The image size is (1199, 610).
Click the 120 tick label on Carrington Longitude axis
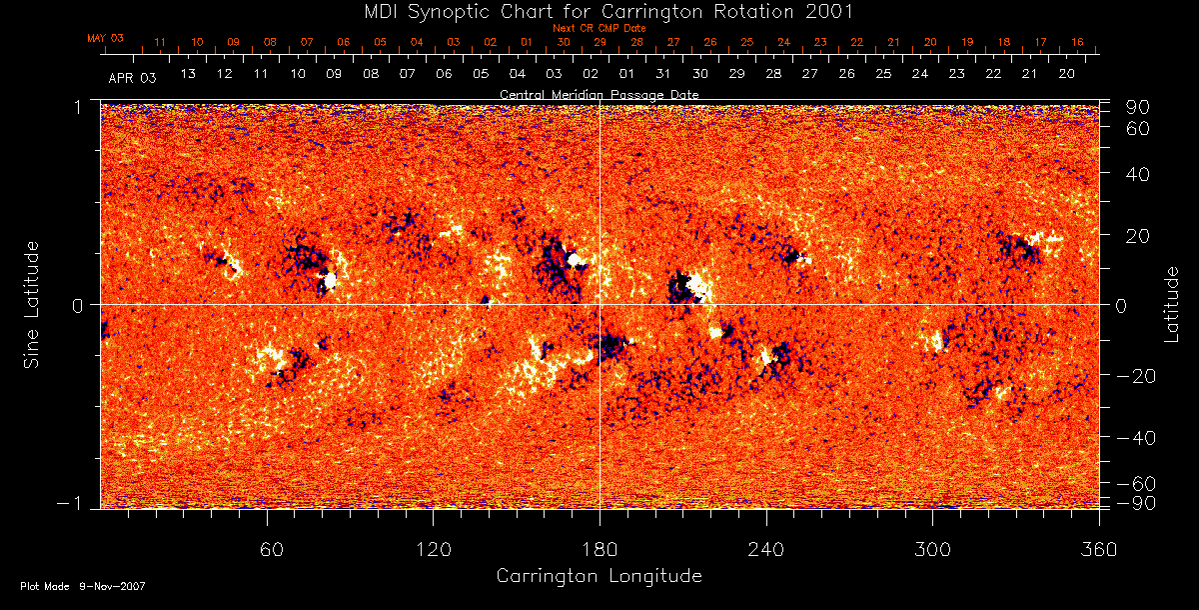pos(433,549)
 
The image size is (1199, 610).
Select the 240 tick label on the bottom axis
pos(765,549)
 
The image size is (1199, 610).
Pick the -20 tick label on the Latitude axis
pos(1135,375)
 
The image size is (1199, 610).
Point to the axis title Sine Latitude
pos(32,304)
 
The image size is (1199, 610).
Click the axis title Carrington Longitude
pos(599,576)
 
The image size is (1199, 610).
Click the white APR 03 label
pos(132,76)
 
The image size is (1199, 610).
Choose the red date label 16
pos(1077,42)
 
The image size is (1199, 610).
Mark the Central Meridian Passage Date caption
pos(599,94)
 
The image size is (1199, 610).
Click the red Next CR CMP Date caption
pos(599,28)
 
